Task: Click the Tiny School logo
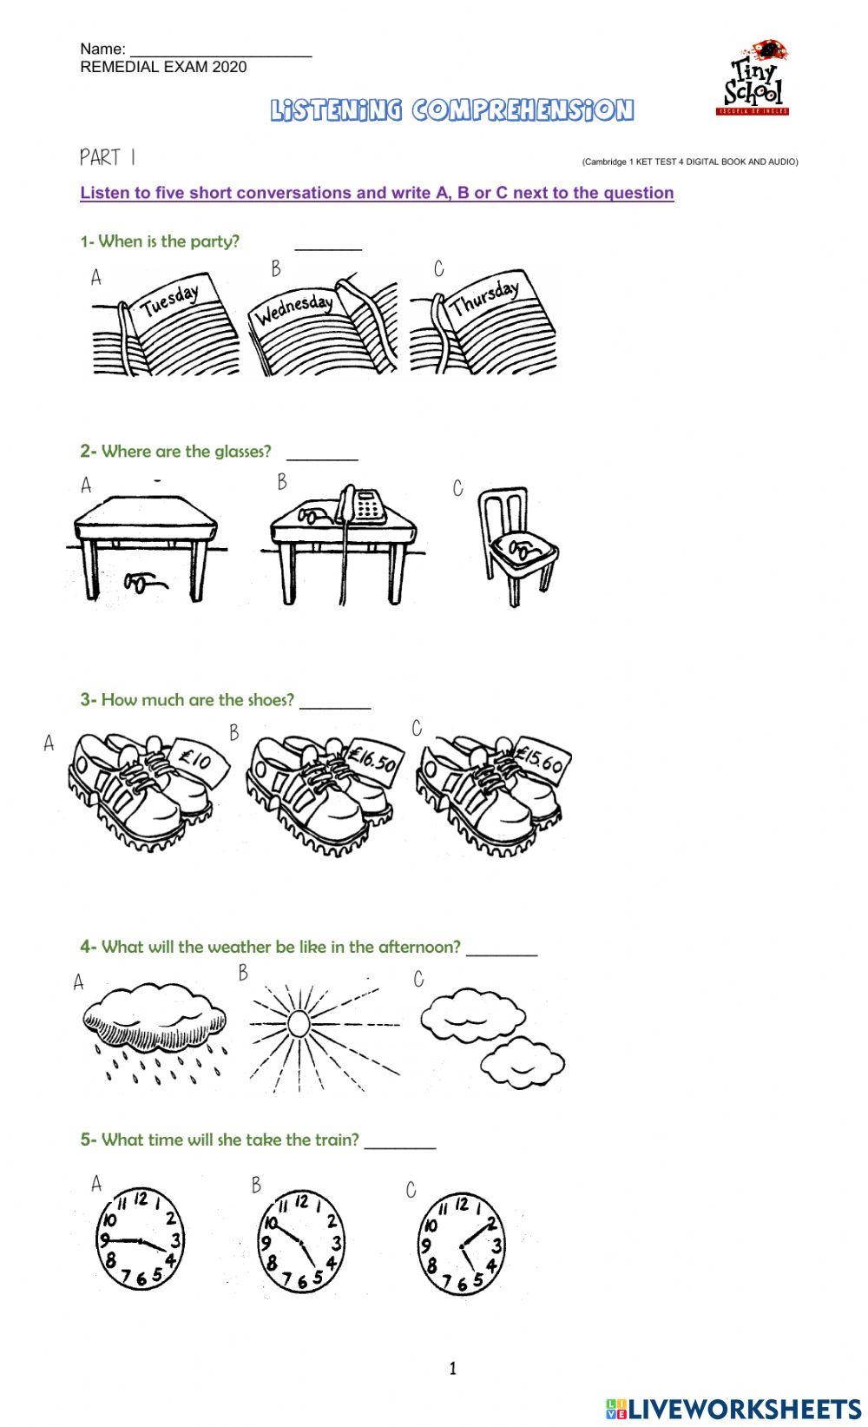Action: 753,78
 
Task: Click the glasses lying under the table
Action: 145,582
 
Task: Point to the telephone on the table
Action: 362,505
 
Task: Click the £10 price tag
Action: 196,761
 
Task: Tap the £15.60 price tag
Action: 541,758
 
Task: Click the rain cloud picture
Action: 155,1034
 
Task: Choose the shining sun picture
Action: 299,1023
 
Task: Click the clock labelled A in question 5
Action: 139,1239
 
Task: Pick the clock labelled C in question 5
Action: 461,1243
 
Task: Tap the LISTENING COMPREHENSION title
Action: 452,110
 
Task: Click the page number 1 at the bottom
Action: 452,1370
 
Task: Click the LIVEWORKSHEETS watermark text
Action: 744,1408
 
